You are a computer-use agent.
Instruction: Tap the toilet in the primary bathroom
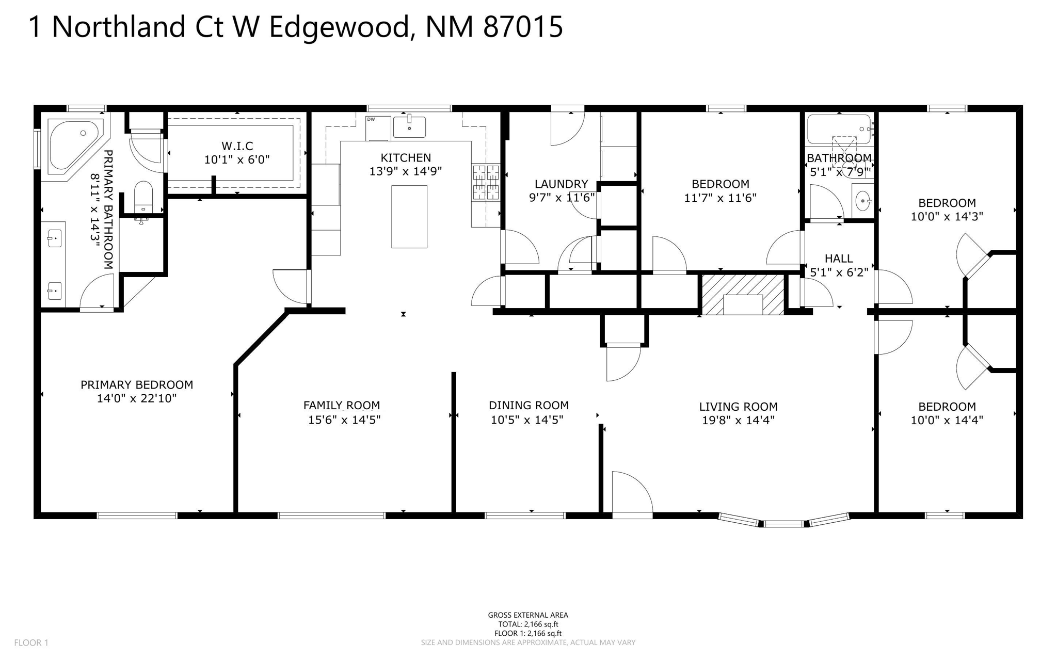[x=143, y=196]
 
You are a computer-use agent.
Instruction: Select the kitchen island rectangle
[x=409, y=217]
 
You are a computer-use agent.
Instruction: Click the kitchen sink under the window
[x=409, y=127]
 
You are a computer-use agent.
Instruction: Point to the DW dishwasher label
[x=371, y=120]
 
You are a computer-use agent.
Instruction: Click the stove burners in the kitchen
[x=486, y=182]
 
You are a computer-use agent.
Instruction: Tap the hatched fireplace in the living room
[x=743, y=295]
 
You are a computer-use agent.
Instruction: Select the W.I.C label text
[x=237, y=146]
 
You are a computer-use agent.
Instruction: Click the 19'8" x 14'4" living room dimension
[x=738, y=421]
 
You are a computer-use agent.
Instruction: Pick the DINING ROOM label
[x=528, y=406]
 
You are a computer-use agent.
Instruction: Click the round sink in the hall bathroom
[x=862, y=201]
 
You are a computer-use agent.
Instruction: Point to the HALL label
[x=839, y=259]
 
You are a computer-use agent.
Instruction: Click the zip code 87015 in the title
[x=522, y=27]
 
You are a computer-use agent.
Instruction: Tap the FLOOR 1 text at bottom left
[x=31, y=642]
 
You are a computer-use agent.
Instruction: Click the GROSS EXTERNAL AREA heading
[x=527, y=615]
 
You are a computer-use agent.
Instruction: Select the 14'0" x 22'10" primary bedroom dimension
[x=137, y=398]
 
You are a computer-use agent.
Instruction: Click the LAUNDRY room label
[x=561, y=184]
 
